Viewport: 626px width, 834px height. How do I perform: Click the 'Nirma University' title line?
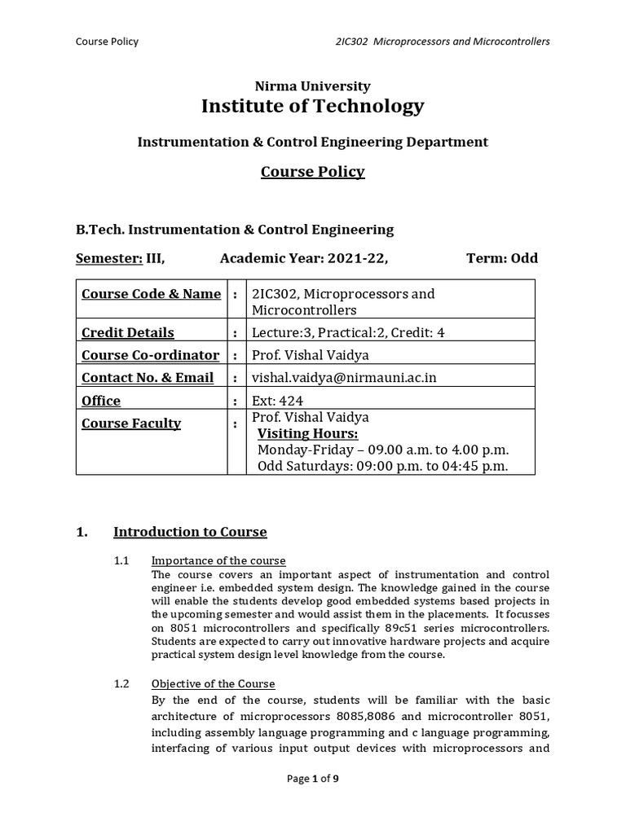click(x=313, y=86)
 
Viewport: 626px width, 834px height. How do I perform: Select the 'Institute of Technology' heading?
click(x=313, y=106)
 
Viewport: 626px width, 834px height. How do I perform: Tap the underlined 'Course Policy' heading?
click(x=313, y=172)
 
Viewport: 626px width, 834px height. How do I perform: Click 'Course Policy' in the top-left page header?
click(x=107, y=42)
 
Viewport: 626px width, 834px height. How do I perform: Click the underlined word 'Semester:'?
click(x=109, y=259)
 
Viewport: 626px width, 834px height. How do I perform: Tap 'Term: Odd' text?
click(x=502, y=259)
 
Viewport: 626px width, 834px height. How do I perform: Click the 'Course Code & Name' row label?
click(x=151, y=294)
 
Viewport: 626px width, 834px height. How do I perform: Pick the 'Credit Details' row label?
click(x=128, y=332)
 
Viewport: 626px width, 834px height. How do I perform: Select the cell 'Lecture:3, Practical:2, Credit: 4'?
click(x=349, y=332)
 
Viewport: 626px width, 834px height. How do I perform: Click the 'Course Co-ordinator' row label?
click(x=150, y=355)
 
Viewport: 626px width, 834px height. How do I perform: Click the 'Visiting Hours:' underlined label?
click(x=307, y=433)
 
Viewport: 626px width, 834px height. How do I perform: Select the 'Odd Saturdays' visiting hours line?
click(x=382, y=466)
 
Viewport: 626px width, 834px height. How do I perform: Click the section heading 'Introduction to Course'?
click(x=190, y=532)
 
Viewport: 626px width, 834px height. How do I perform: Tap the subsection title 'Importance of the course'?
click(x=218, y=561)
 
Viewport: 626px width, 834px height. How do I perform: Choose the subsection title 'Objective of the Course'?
click(x=213, y=683)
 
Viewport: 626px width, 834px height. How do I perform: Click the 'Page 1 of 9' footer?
click(x=313, y=779)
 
